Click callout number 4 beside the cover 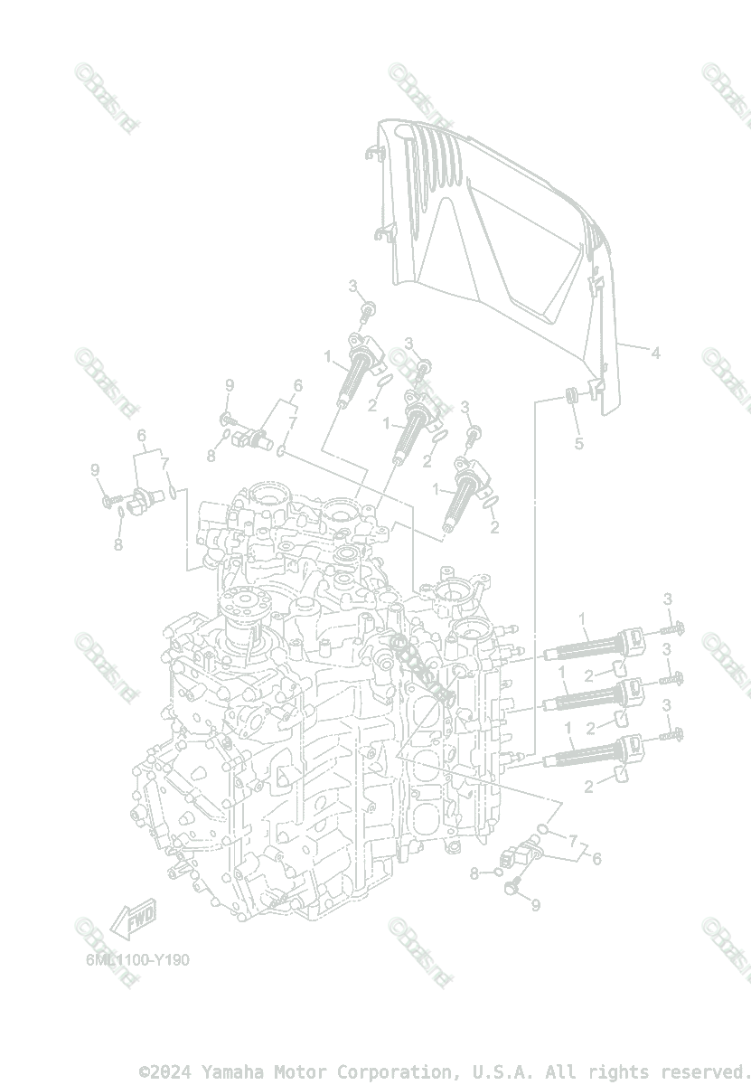point(655,354)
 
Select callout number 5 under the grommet point(579,443)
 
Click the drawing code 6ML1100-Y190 point(137,959)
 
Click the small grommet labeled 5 point(571,395)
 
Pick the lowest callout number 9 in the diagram point(535,905)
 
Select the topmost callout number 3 point(355,287)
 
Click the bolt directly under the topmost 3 point(369,313)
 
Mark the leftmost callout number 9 point(95,469)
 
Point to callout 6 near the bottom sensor point(596,858)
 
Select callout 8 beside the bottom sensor point(474,873)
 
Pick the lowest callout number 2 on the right point(588,788)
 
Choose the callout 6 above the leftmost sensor point(142,436)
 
